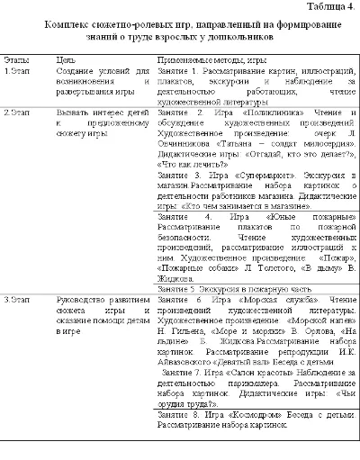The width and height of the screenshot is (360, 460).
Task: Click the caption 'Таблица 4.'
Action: point(328,8)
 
